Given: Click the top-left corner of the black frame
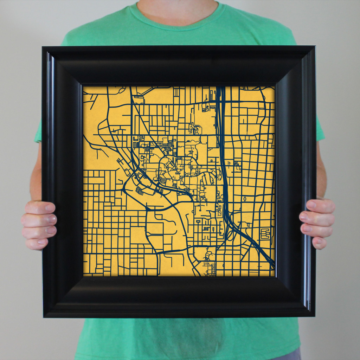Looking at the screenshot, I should tap(43, 47).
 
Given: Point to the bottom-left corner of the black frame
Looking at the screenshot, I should tap(44, 317).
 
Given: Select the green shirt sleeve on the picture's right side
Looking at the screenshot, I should tap(320, 130).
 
